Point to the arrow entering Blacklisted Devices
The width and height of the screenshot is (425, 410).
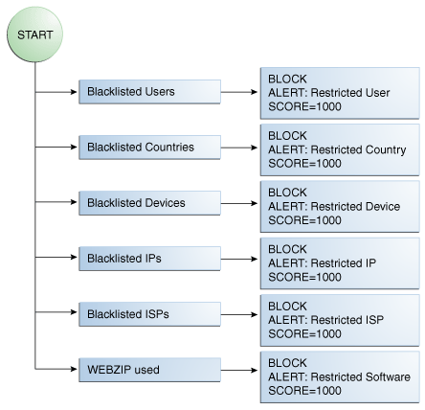click(x=56, y=203)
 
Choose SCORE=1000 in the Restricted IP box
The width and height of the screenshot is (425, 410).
click(x=303, y=277)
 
